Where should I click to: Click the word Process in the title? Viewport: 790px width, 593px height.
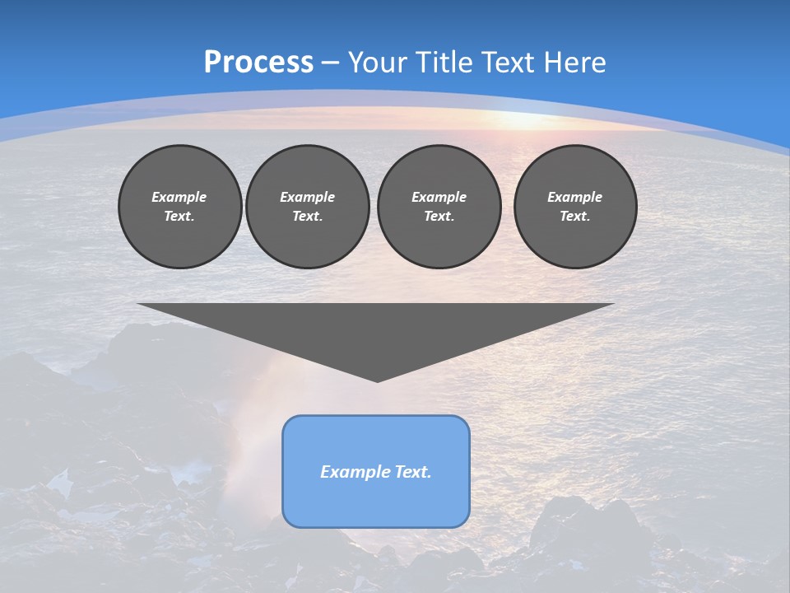pyautogui.click(x=258, y=63)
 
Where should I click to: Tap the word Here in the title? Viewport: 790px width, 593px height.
pyautogui.click(x=574, y=63)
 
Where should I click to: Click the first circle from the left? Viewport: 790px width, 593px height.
pyautogui.click(x=179, y=207)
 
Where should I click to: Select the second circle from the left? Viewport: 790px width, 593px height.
pyautogui.click(x=307, y=207)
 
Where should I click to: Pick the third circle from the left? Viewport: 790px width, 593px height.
pyautogui.click(x=439, y=207)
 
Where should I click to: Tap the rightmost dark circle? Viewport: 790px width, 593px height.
pyautogui.click(x=575, y=207)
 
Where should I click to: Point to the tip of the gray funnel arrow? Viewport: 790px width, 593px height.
pyautogui.click(x=377, y=380)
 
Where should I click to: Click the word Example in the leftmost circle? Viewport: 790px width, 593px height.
pyautogui.click(x=179, y=197)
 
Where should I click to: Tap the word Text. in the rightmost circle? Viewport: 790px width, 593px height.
pyautogui.click(x=575, y=217)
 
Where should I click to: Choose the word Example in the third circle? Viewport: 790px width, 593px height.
pyautogui.click(x=439, y=197)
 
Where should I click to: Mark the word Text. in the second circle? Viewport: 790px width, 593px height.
pyautogui.click(x=307, y=217)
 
